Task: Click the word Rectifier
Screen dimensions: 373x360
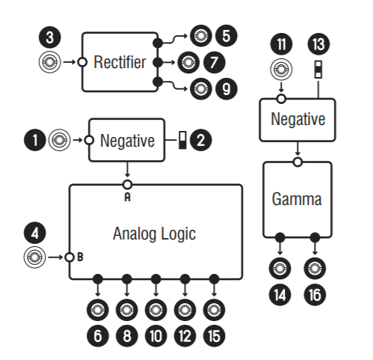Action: click(120, 62)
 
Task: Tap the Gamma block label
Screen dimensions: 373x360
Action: click(297, 200)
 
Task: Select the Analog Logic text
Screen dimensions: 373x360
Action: click(155, 234)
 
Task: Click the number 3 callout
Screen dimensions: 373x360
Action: click(49, 37)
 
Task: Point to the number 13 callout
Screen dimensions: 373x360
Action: click(318, 44)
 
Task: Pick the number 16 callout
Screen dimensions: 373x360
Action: click(315, 295)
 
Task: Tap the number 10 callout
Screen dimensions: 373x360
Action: click(155, 336)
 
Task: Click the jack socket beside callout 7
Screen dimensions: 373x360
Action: click(188, 62)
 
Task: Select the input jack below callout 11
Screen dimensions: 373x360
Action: click(281, 69)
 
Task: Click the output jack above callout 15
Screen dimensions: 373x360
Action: click(214, 310)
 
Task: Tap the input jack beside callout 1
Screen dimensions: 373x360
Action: click(59, 140)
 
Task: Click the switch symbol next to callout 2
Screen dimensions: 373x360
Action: click(182, 140)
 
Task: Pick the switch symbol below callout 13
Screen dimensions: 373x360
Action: click(318, 69)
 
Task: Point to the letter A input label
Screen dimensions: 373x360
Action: click(127, 197)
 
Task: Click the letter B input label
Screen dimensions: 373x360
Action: click(80, 257)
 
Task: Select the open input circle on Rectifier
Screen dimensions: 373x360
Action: click(82, 62)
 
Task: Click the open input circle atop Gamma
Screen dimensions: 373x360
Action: click(298, 162)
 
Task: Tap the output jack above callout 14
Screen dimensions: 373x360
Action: click(280, 269)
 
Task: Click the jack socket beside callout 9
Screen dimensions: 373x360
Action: click(201, 88)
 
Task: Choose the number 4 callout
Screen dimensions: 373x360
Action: click(34, 234)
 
